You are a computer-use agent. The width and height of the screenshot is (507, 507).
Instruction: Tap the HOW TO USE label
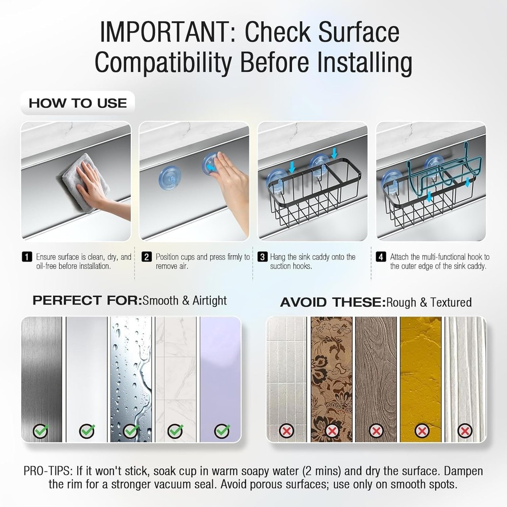pos(78,103)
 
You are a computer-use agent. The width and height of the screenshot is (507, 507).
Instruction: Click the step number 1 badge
pos(27,257)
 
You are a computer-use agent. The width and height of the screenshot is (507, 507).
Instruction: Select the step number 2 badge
pos(147,257)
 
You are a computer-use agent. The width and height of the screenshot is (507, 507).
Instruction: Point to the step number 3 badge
pos(262,257)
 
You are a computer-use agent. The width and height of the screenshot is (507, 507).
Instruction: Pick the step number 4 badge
pos(381,257)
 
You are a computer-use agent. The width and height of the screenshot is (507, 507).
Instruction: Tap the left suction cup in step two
pos(169,178)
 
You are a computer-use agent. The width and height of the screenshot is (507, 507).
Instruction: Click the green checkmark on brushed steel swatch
pos(41,430)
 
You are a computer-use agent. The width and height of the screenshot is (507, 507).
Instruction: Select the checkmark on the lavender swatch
pos(222,430)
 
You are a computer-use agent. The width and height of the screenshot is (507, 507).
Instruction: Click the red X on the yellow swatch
pos(422,430)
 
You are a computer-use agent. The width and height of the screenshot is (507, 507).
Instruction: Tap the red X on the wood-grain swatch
pos(376,430)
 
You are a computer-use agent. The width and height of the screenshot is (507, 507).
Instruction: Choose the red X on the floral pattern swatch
pos(332,430)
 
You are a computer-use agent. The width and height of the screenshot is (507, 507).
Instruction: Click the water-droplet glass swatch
pos(131,379)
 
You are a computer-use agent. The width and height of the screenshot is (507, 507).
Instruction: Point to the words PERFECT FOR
pos(87,300)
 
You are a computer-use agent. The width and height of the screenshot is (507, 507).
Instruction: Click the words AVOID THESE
pos(333,302)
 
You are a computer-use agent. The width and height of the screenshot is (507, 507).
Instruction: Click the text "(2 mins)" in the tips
pos(321,471)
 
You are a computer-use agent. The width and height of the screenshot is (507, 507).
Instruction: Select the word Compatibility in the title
pos(163,62)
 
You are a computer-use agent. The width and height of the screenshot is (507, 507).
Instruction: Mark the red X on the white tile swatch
pos(286,430)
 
